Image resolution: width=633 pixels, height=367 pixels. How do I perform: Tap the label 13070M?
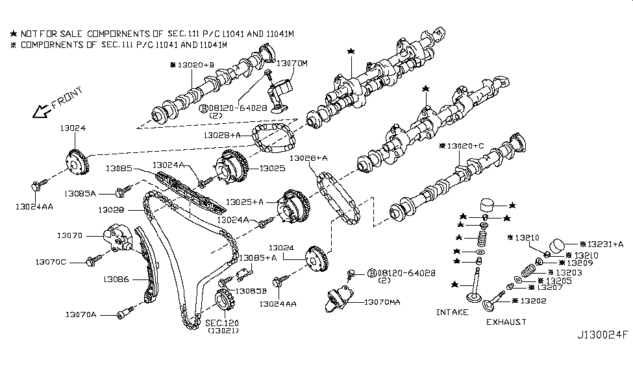pos(292,64)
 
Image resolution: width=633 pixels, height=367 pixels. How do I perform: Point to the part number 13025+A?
pos(245,202)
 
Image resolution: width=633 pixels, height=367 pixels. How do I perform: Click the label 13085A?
pos(81,193)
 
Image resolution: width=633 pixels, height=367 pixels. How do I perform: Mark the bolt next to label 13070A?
pos(123,315)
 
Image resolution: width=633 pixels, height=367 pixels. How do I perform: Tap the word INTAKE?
pos(452,313)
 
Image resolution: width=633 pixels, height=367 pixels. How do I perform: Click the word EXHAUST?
pos(506,322)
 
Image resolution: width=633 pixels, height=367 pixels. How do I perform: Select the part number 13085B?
pos(249,290)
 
